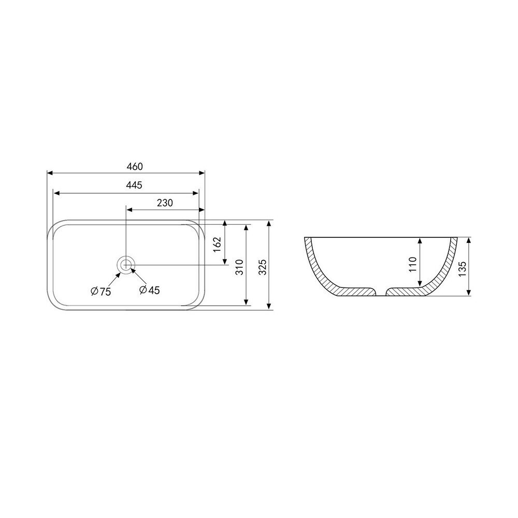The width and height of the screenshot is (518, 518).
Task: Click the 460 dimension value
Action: (135, 166)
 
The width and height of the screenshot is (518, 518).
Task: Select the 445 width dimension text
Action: (134, 185)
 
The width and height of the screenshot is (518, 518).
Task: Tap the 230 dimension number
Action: (165, 203)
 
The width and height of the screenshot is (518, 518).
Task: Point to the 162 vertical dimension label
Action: (217, 244)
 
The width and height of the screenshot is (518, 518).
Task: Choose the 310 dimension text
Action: (239, 267)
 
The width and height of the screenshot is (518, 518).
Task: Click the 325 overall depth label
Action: (262, 267)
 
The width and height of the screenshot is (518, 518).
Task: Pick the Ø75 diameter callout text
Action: (101, 291)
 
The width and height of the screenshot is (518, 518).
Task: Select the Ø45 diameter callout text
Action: (149, 290)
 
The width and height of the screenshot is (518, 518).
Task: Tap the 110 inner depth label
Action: (413, 264)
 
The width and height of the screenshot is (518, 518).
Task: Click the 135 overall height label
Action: (462, 269)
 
